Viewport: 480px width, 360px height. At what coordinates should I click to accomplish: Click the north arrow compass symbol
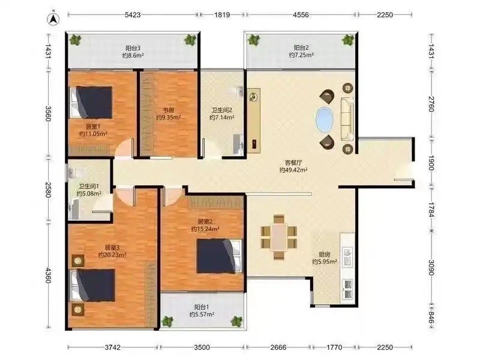[x=53, y=19]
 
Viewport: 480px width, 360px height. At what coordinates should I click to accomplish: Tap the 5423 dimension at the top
[x=133, y=14]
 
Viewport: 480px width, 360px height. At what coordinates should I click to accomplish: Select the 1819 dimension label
[x=222, y=14]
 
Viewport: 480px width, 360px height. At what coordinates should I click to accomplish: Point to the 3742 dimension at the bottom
[x=113, y=347]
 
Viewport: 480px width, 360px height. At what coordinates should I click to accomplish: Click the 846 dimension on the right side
[x=431, y=317]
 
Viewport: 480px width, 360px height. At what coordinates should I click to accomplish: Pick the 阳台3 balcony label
[x=133, y=48]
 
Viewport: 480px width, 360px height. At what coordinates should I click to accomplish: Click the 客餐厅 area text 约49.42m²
[x=293, y=170]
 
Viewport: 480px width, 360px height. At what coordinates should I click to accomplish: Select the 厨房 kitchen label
[x=325, y=254]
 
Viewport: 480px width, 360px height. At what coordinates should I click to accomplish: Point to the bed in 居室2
[x=220, y=256]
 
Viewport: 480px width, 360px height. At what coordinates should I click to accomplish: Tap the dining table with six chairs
[x=279, y=237]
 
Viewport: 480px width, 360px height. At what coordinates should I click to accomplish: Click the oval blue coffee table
[x=325, y=119]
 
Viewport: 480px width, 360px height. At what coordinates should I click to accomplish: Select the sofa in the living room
[x=347, y=119]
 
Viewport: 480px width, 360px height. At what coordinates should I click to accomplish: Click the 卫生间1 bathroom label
[x=89, y=186]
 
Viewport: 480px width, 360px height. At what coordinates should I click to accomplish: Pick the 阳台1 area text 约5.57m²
[x=202, y=314]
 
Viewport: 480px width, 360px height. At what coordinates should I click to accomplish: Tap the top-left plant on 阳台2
[x=253, y=40]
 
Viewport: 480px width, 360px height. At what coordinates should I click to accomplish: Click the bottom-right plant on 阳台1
[x=236, y=321]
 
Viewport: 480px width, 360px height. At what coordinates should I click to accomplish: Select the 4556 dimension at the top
[x=301, y=14]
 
